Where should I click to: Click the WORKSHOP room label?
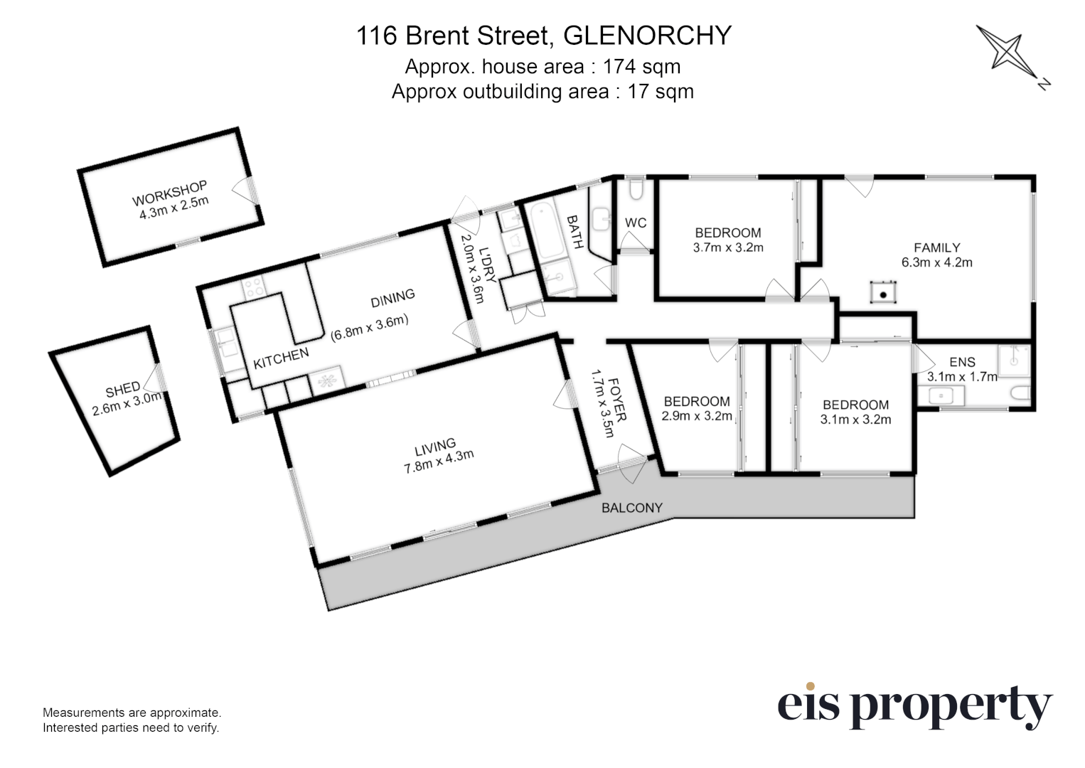169,193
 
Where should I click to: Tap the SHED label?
122,390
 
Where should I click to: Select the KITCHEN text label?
282,358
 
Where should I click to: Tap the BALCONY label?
631,508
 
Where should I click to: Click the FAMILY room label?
936,247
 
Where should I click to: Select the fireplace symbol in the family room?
883,292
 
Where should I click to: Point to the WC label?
636,223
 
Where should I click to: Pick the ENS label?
962,362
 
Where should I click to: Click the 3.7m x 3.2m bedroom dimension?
727,247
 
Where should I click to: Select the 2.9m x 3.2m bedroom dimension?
696,416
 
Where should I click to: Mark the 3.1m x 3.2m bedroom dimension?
855,420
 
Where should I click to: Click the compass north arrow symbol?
1010,55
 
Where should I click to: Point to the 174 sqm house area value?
641,67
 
